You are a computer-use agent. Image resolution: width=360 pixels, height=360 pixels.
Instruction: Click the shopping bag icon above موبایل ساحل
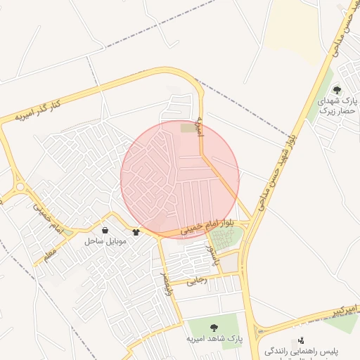(x=105, y=230)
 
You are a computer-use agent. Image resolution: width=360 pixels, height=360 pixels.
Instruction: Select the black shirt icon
(x=136, y=231)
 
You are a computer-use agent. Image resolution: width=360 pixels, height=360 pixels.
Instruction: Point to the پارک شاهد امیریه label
(x=214, y=338)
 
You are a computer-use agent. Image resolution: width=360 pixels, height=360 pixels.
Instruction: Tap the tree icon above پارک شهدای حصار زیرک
(x=337, y=89)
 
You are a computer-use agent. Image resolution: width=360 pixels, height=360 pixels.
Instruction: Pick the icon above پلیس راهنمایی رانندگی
(x=301, y=340)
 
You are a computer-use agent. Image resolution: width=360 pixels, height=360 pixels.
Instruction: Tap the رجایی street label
(x=198, y=280)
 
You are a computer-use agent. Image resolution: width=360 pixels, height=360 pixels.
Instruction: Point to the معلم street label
(x=48, y=254)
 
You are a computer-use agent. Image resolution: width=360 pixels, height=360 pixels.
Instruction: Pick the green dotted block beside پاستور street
(x=226, y=238)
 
